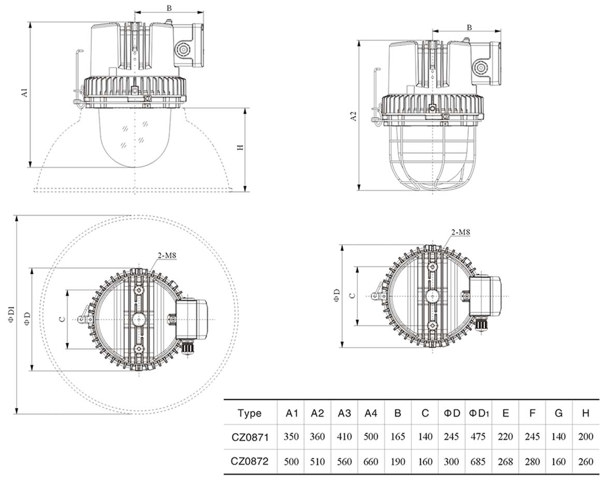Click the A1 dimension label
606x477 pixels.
coord(23,94)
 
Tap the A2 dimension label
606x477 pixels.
coord(354,116)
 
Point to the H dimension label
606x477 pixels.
coord(240,148)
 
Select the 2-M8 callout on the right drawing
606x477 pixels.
coord(460,233)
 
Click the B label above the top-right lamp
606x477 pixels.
coord(469,27)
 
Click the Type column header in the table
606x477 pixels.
coord(250,413)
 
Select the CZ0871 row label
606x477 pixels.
coord(250,437)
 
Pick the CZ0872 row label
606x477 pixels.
coord(250,461)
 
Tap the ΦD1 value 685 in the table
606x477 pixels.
coord(479,461)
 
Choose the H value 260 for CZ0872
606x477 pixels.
coord(585,461)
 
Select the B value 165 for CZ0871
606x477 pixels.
coord(398,437)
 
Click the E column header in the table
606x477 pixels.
coord(506,413)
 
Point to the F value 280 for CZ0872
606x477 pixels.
coord(532,461)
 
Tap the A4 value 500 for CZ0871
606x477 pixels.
coord(371,437)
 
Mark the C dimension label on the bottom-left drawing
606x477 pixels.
coord(62,319)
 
